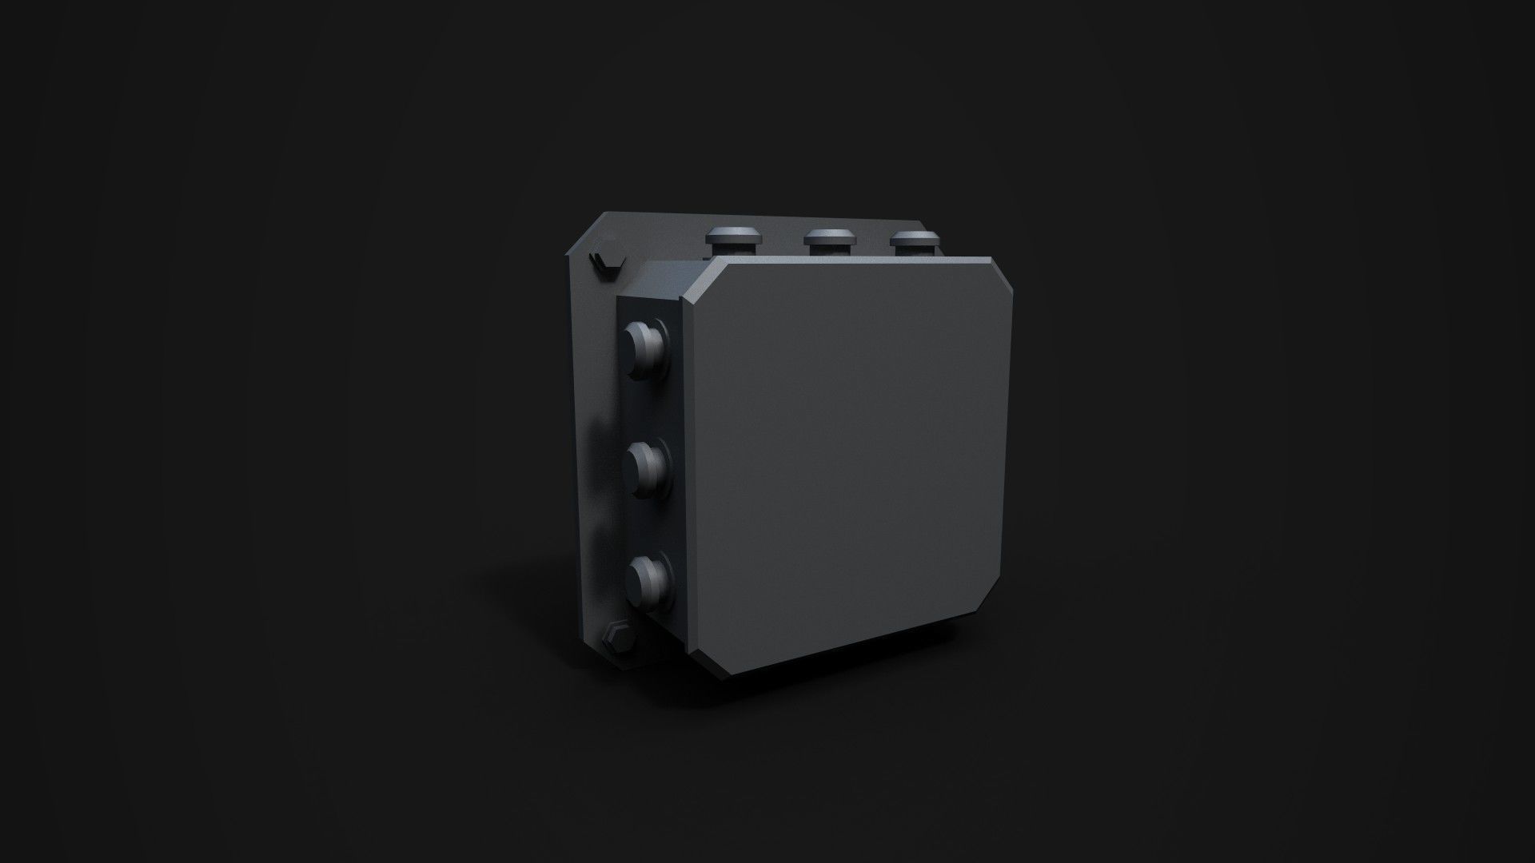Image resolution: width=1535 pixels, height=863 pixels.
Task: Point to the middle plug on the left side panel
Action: (x=646, y=464)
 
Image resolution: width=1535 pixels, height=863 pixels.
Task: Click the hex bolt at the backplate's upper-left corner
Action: (x=599, y=262)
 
